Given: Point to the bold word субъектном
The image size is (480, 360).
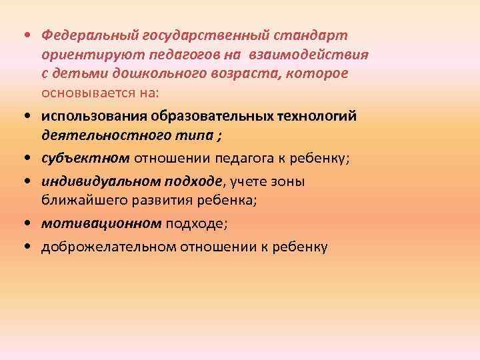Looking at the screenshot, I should point(85,159).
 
